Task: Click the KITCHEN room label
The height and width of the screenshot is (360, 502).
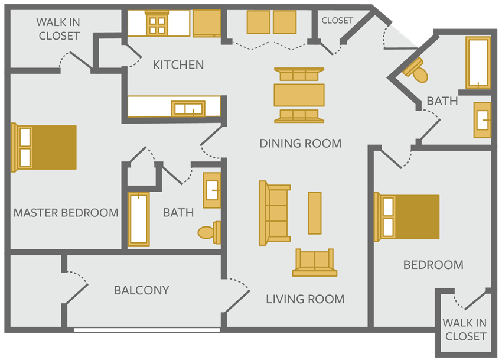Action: (178, 65)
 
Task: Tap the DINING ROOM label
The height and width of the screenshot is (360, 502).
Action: (300, 143)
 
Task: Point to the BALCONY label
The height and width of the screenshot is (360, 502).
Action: (142, 290)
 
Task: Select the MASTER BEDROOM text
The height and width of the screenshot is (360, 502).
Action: (66, 213)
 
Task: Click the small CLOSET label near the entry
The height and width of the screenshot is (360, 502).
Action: (337, 21)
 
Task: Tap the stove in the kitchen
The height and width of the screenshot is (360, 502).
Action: (157, 23)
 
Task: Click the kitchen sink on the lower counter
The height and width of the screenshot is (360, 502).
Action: (188, 109)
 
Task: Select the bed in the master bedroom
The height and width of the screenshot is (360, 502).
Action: (44, 147)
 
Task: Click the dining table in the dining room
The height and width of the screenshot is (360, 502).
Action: (299, 95)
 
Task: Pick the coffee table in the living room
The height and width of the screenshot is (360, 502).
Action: (314, 213)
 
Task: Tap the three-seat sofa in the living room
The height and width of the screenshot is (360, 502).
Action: (275, 213)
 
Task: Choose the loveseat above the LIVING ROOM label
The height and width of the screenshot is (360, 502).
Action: (314, 262)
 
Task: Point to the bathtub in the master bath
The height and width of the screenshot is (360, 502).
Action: (139, 219)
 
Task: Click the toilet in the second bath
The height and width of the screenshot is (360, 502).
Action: (416, 70)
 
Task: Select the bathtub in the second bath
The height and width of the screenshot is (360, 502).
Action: (478, 63)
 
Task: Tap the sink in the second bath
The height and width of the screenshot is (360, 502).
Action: (483, 120)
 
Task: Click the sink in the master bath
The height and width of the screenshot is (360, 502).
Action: (212, 190)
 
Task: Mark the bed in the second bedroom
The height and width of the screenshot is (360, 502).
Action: (406, 217)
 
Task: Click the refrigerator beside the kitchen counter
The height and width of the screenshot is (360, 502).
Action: (207, 23)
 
